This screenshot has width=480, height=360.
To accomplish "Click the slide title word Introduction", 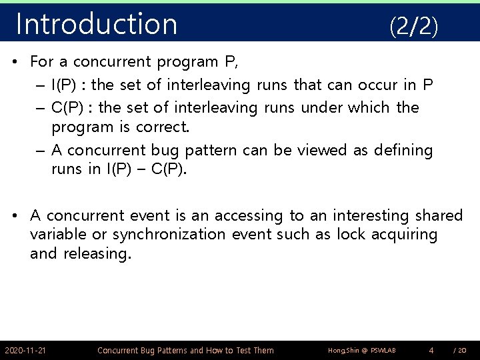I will click(x=97, y=24).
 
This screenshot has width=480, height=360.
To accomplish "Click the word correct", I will click(x=162, y=127).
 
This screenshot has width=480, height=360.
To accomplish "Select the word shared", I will click(x=439, y=215).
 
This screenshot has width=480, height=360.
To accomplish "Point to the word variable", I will click(x=59, y=235).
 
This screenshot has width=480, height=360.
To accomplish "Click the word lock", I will click(x=351, y=235).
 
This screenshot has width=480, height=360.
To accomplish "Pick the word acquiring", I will click(x=405, y=235).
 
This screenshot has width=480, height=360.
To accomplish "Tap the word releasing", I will click(x=97, y=254).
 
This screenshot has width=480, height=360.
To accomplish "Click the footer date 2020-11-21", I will click(x=25, y=351).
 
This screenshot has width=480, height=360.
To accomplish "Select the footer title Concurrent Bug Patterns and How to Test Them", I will click(x=185, y=351).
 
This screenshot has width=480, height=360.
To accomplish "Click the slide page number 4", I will click(x=431, y=350).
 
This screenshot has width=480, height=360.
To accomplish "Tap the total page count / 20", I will click(x=460, y=351).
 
